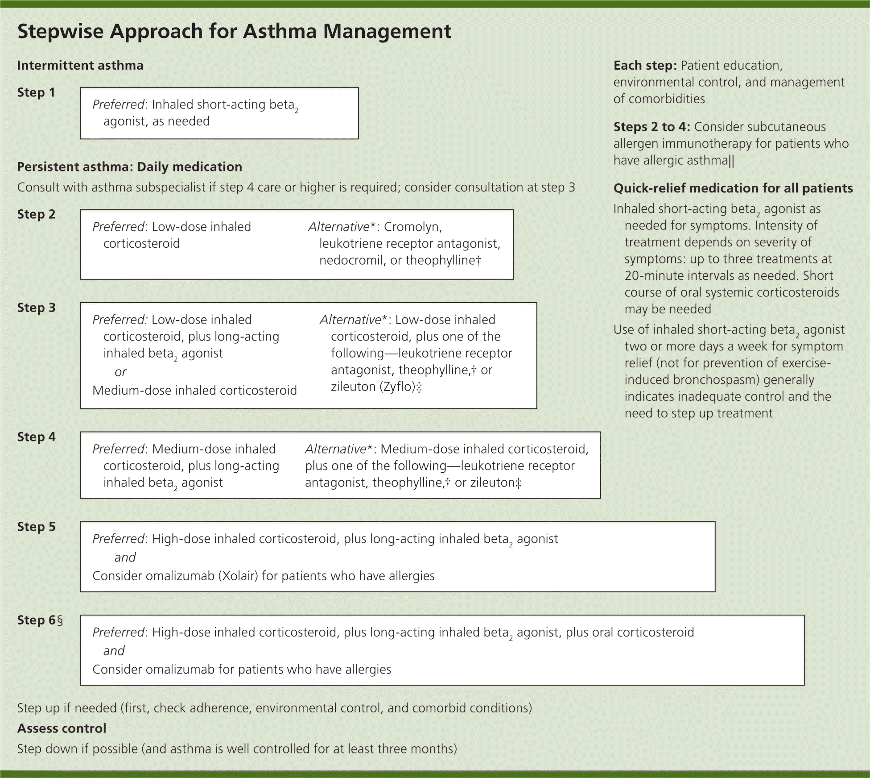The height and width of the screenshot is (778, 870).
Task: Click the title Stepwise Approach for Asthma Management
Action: click(234, 31)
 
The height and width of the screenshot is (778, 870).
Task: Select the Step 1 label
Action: click(36, 92)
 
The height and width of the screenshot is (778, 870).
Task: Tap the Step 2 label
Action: click(36, 214)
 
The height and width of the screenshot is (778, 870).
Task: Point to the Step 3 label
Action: click(36, 308)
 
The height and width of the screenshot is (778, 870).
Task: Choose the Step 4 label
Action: click(36, 437)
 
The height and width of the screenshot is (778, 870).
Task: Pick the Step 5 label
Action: click(36, 527)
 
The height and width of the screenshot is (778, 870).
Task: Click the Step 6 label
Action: click(39, 620)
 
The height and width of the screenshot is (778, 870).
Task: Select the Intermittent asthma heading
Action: click(80, 66)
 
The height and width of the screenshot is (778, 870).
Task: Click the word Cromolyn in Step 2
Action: click(413, 227)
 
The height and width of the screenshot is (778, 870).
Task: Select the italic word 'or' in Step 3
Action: click(120, 372)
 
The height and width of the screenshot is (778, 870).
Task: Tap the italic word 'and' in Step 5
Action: click(125, 557)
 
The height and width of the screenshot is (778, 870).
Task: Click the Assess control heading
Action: click(62, 728)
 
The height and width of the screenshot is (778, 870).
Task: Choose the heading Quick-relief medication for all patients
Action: click(733, 188)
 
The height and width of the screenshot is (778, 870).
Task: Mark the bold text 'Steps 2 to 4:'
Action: click(651, 127)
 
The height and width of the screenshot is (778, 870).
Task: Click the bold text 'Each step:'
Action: click(645, 66)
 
